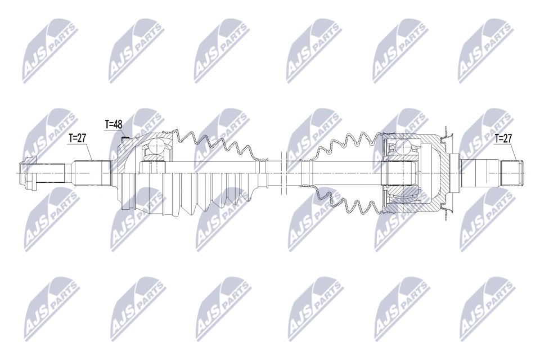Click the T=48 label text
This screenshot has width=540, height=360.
pos(113,124)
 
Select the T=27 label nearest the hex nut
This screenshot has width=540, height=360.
pos(77,138)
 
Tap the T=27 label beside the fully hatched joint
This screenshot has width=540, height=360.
pos(503,138)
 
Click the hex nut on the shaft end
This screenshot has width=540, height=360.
pos(26,173)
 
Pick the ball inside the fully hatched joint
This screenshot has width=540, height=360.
pos(402,147)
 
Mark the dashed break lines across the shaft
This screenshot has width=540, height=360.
pos(283,173)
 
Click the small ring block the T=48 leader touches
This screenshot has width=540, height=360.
pos(125,139)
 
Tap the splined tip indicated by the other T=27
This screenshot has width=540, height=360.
pos(511,173)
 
